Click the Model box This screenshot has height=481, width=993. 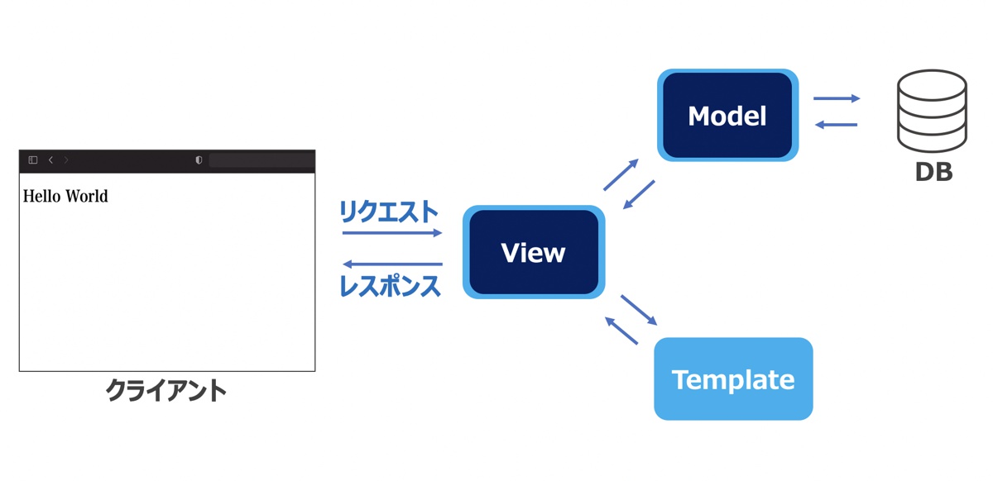coord(727,116)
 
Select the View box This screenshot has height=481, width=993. coord(534,252)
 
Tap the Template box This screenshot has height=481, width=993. coord(733,379)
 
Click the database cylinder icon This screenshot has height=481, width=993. coord(932,111)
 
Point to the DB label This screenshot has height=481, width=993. coord(933,172)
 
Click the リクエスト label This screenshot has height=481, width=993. coord(388,212)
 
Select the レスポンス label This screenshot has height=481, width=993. coord(390,286)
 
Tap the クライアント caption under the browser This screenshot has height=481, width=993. coord(166,389)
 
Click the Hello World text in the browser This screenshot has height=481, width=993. coord(65,197)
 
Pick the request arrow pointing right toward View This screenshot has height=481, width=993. coord(392,233)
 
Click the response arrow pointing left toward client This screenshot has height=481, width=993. coord(392,264)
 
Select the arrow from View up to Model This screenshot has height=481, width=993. coord(621,174)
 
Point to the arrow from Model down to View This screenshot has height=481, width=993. coord(639,195)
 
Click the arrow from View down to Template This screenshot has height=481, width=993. coord(639,310)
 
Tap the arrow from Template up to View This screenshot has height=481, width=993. coord(621,331)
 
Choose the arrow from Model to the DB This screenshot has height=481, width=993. coord(837,98)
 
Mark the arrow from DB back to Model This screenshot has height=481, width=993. coord(836,125)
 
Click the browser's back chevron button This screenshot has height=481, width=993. coord(50,160)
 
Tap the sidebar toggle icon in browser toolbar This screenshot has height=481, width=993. coord(33,160)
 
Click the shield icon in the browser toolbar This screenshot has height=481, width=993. coord(199,160)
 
